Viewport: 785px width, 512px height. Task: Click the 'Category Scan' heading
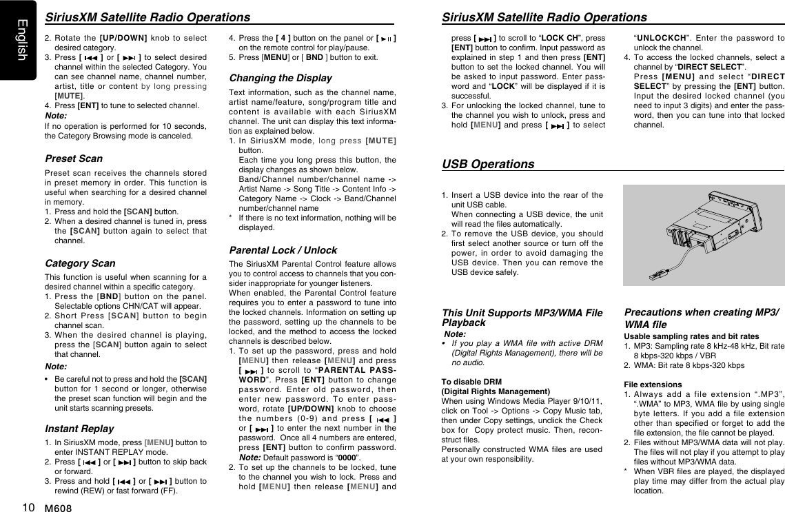(80, 263)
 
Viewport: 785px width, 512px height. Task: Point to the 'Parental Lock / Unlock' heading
(283, 250)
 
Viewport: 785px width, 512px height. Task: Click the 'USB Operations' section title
(488, 165)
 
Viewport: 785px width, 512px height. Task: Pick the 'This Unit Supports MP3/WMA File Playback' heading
(521, 317)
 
